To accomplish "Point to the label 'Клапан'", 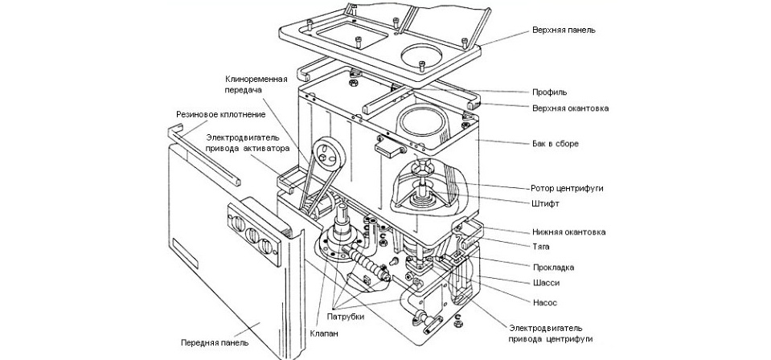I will pos(322,329).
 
